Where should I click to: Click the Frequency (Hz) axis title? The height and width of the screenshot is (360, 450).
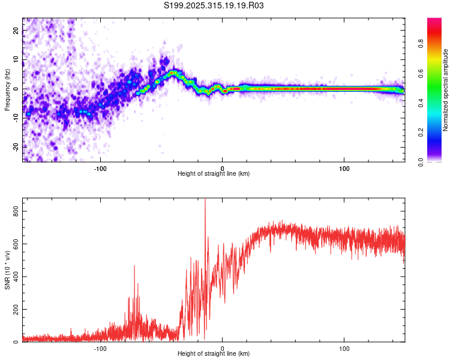click(x=7, y=90)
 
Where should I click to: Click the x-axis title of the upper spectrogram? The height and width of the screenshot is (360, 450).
click(x=214, y=174)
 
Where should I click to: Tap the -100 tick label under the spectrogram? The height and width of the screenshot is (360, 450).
click(x=100, y=167)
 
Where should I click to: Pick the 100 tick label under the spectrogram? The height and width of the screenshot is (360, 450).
click(x=344, y=167)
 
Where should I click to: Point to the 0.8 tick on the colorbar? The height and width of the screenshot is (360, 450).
click(x=437, y=43)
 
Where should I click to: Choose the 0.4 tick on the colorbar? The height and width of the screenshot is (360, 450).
click(x=437, y=102)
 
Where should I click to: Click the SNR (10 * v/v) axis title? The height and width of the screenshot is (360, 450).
click(x=7, y=270)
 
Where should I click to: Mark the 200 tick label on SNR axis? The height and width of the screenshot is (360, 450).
click(x=15, y=310)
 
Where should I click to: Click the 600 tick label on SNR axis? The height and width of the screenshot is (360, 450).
click(x=15, y=244)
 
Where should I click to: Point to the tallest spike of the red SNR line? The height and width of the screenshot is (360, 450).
click(x=205, y=200)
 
